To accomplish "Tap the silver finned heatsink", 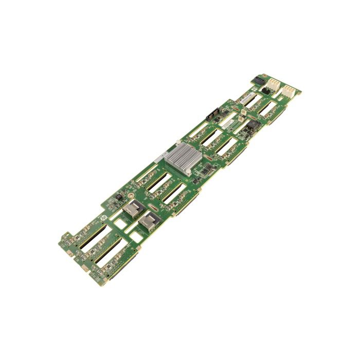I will tap(179, 158).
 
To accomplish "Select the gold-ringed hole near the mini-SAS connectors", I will tap(132, 196).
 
